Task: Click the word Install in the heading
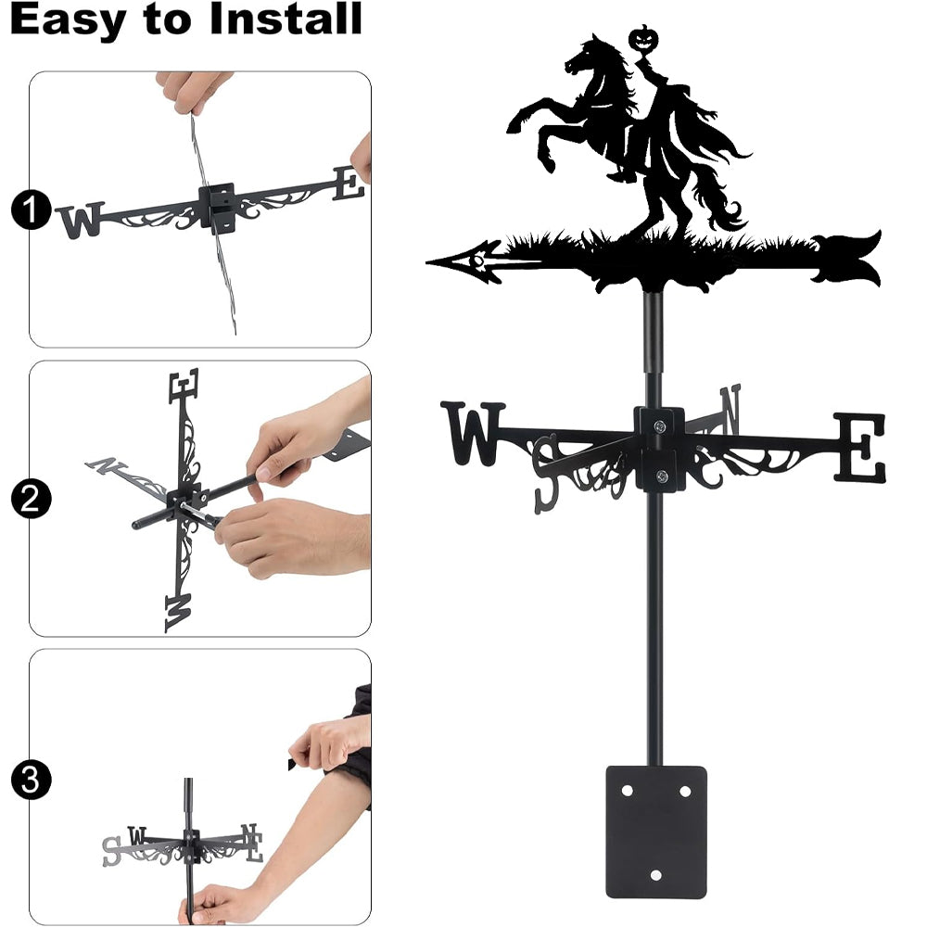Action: coord(286,19)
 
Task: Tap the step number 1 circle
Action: coord(31,210)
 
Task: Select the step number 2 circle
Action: coord(31,499)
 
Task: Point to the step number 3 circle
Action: coord(31,780)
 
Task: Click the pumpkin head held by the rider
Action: coord(641,39)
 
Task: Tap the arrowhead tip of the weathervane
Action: coord(426,261)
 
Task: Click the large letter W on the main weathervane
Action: coord(473,433)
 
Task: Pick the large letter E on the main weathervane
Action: coord(860,447)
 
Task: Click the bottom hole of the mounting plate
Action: coord(655,875)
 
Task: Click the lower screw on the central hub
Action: coord(662,476)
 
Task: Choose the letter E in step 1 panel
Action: coord(349,184)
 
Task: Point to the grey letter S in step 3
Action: coord(111,852)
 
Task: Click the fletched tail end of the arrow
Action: coord(846,259)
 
